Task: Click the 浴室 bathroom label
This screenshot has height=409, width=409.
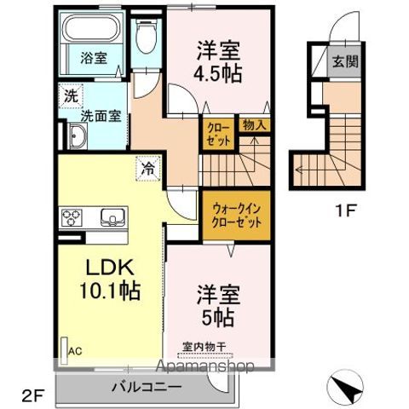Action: [x=95, y=59]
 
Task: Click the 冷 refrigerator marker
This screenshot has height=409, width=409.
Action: [x=147, y=169]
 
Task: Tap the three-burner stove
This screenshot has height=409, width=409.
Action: [x=71, y=216]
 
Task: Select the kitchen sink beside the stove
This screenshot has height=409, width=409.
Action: [x=112, y=215]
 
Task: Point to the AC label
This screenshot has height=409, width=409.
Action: [x=74, y=348]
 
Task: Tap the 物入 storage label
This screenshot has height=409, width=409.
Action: [x=254, y=125]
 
